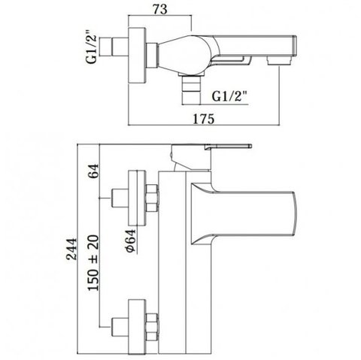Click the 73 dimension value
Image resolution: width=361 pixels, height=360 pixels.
160,9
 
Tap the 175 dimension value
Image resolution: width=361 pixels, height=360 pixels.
204,119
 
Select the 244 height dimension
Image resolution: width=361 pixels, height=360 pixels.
71,249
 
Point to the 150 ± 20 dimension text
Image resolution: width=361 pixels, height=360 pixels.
93,263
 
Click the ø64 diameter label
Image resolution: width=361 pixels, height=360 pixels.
132,241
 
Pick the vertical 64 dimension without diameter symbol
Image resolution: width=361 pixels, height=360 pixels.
93,171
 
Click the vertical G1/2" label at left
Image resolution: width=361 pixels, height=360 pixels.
91,47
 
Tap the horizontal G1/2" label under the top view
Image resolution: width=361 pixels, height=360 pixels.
229,96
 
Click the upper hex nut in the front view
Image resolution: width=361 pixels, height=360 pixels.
152,198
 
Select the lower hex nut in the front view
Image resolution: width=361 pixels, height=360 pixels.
152,327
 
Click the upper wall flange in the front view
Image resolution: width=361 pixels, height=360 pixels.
137,198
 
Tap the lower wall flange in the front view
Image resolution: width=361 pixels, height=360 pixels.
137,327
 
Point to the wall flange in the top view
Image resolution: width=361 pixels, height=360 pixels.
137,56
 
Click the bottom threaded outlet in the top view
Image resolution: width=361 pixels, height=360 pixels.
191,90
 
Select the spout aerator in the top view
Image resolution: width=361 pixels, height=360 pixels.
279,61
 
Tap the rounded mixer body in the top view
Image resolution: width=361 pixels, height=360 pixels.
187,55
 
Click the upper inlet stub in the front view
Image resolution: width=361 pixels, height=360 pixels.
120,198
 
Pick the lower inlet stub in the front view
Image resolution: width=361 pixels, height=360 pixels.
120,327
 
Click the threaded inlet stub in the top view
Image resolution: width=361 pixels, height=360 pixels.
114,47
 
